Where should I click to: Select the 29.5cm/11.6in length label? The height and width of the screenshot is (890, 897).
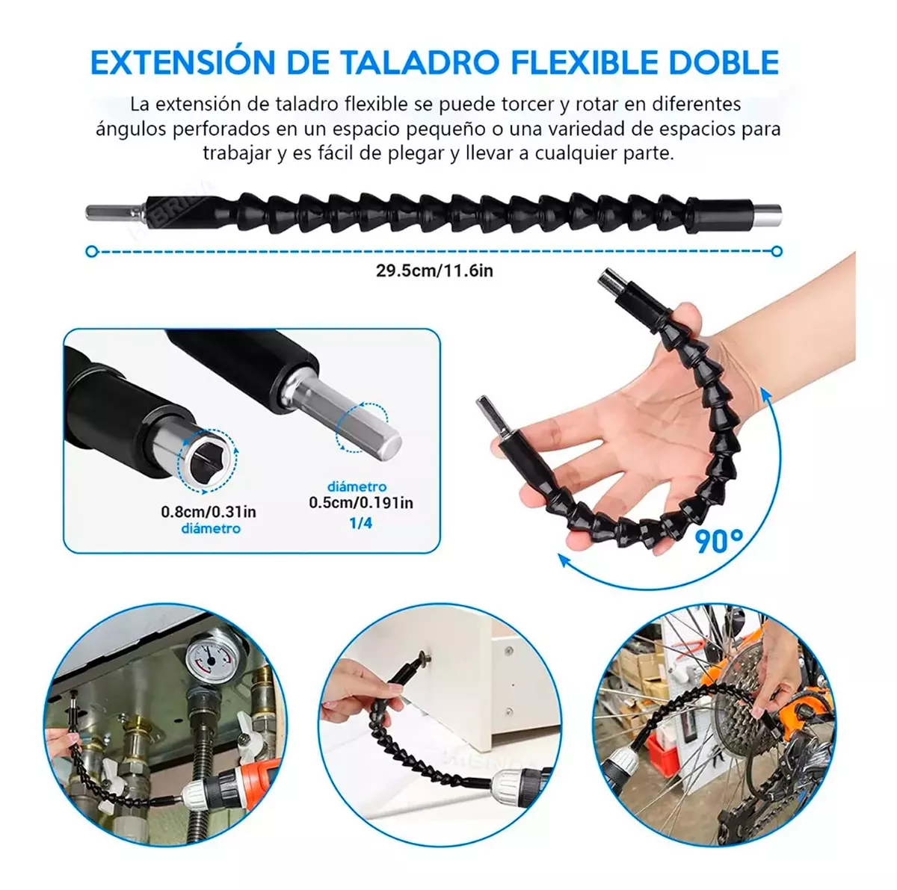point(434,271)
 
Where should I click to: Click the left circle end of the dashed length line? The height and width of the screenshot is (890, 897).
point(92,252)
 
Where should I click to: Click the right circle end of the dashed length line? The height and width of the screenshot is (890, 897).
point(776,252)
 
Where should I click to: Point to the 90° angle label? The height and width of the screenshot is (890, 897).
point(719,541)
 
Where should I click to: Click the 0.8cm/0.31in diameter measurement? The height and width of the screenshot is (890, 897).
point(209,512)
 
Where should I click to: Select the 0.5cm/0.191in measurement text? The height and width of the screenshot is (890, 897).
point(361,503)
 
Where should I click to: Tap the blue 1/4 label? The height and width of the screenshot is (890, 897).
point(361,523)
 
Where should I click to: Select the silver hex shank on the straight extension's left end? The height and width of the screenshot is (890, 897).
point(115,213)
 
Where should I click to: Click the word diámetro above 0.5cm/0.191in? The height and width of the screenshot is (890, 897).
point(357,487)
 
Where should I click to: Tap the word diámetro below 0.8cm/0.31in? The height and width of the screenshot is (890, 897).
point(211,529)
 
